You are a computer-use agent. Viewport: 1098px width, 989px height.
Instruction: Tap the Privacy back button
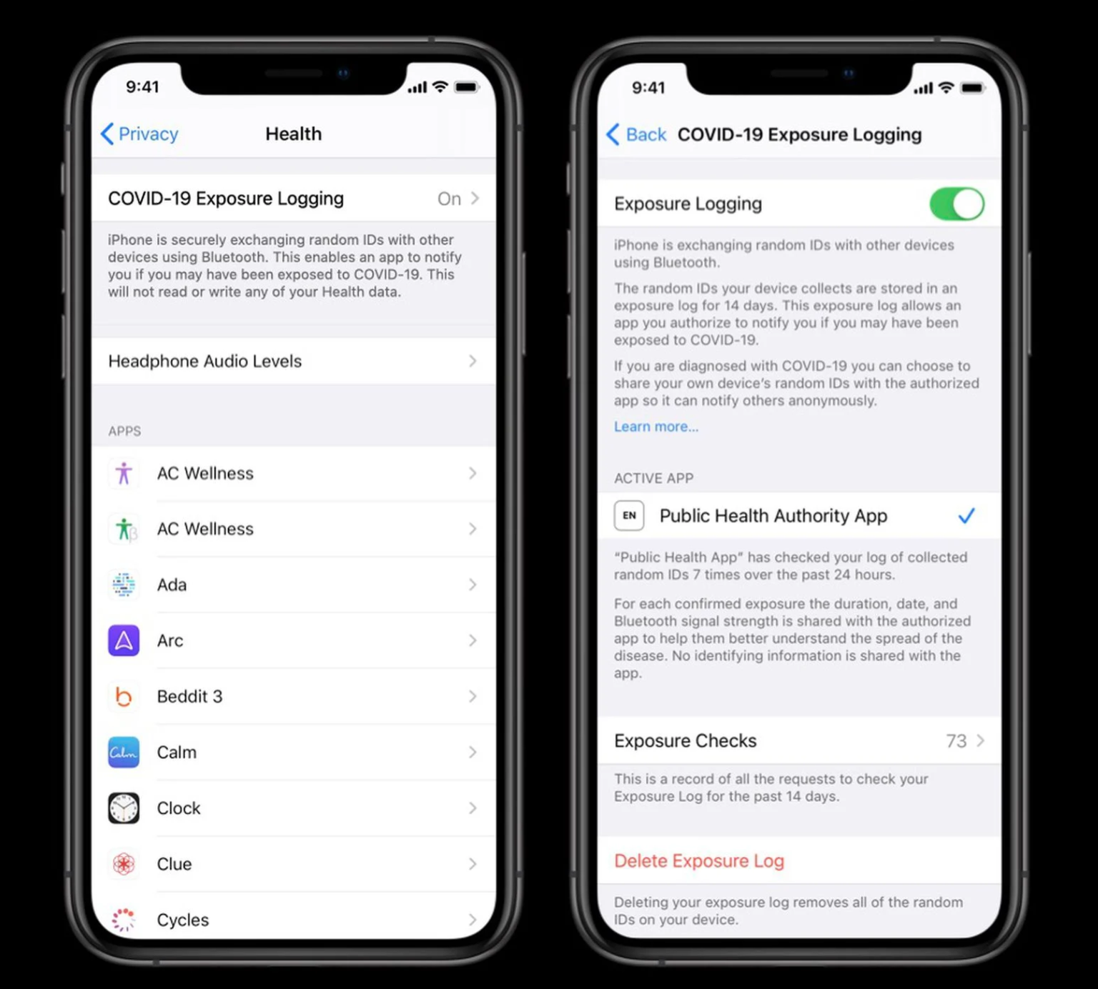coord(139,134)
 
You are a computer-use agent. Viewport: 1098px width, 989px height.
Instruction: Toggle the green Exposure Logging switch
coord(956,204)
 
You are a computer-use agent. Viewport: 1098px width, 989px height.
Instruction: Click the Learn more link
coord(656,427)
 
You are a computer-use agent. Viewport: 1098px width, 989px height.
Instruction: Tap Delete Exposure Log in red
coord(699,861)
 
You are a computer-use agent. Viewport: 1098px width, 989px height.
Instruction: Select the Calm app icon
coord(124,752)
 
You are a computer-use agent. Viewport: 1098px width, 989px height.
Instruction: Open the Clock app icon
coord(124,808)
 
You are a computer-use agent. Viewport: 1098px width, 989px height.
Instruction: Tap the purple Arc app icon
coord(124,640)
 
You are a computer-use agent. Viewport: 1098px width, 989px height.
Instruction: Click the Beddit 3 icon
coord(124,696)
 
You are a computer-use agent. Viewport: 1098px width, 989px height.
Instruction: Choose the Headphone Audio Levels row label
coord(205,361)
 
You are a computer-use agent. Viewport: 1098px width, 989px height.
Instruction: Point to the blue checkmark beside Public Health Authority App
coord(966,515)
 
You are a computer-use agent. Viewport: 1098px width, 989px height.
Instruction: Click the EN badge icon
coord(629,515)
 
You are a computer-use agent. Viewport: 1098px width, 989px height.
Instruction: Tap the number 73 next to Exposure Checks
coord(956,741)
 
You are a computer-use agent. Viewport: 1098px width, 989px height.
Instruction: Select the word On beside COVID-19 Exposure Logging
coord(449,199)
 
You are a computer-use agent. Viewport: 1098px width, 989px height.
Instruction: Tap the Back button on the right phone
coord(636,134)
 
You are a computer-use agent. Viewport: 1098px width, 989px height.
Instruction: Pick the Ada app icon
coord(124,585)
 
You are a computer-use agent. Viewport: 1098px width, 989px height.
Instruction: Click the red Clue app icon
coord(124,864)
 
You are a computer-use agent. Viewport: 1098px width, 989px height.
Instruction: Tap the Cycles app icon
coord(124,920)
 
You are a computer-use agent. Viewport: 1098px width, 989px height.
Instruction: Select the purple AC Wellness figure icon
coord(124,473)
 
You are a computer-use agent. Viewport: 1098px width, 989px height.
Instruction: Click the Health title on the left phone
coord(294,134)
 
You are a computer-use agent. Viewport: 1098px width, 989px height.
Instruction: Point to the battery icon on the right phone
coord(972,88)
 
